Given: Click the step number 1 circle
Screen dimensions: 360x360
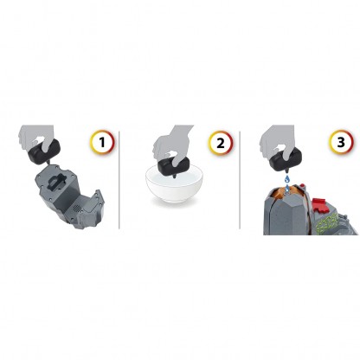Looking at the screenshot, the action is [x=102, y=142].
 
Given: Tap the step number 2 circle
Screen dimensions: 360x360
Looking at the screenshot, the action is [x=221, y=142].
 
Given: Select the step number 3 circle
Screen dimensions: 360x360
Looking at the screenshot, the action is [x=341, y=142].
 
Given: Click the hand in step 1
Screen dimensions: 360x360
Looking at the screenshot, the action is [x=36, y=137].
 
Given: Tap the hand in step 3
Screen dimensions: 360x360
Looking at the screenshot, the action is [x=277, y=141].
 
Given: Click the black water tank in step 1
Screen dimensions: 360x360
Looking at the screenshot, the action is [x=45, y=151].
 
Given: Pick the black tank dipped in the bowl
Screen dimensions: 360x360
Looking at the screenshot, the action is [x=174, y=167].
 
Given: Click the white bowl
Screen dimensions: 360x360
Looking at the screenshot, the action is [x=174, y=187].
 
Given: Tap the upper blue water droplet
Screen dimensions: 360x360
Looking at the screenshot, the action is [x=286, y=179].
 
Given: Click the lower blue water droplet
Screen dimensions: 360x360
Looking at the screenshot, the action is [x=287, y=189].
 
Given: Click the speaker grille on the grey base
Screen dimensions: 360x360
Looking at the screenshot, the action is [x=77, y=208].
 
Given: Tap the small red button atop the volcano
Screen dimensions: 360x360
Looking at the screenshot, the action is [x=303, y=186].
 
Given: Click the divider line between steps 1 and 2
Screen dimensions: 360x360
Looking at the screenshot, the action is [x=119, y=180].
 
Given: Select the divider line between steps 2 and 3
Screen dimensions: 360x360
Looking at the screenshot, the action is [x=240, y=180].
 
